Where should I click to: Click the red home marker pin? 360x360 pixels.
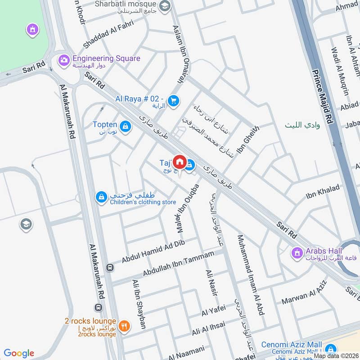[180, 162]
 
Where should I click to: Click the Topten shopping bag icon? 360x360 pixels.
[126, 126]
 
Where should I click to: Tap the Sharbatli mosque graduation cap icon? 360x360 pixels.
[165, 6]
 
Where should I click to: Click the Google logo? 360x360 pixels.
[19, 353]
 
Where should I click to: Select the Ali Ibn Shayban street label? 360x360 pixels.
[139, 304]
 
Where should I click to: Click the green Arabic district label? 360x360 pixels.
[302, 125]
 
